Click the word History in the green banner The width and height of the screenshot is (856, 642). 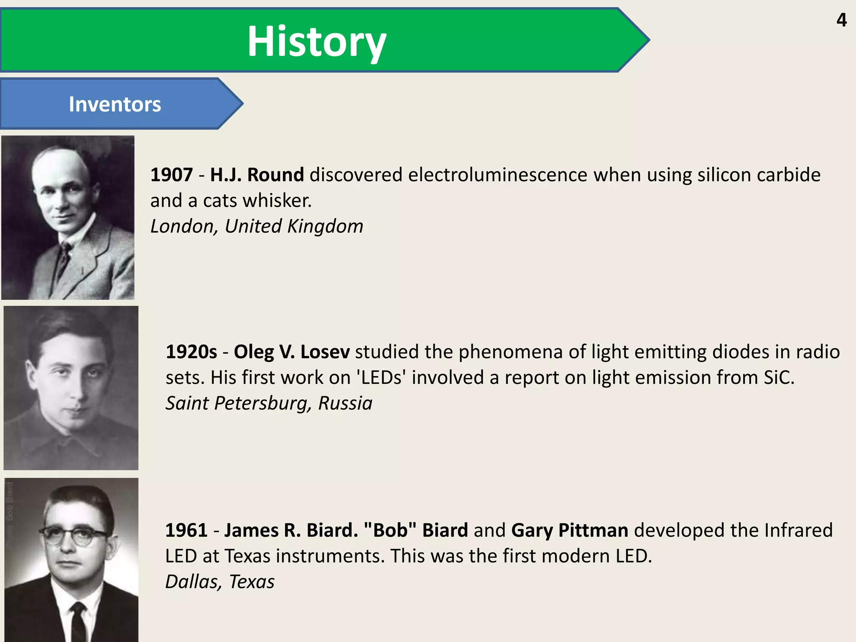pos(316,41)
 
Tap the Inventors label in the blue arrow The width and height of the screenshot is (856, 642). pos(115,104)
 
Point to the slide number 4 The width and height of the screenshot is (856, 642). pos(841,20)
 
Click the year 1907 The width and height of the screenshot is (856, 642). pos(171,175)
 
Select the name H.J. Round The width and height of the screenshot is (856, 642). pos(257,175)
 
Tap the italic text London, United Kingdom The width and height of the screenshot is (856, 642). pos(257,226)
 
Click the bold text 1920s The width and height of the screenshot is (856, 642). pos(191,352)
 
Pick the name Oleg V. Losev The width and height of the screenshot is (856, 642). pos(291,352)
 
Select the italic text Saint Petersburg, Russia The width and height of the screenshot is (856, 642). pos(269,403)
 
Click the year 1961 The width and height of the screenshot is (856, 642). pos(186,530)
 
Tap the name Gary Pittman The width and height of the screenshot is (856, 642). pos(570,530)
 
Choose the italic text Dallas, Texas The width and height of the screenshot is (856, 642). pos(220,582)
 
